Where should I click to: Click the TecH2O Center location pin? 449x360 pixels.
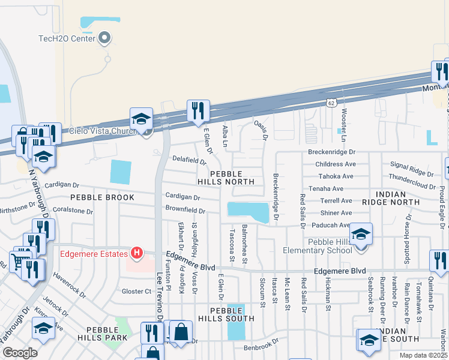click(105, 38)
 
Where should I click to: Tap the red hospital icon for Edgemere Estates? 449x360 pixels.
click(136, 253)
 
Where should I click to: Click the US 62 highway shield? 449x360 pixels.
click(331, 103)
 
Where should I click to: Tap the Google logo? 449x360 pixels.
click(20, 352)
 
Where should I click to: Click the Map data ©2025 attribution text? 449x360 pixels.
click(423, 355)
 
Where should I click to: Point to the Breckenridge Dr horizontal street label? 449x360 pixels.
click(332, 152)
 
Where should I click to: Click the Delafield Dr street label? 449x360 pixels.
click(189, 161)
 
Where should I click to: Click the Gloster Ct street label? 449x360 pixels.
click(136, 291)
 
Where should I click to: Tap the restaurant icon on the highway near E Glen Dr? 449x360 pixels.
click(196, 110)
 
